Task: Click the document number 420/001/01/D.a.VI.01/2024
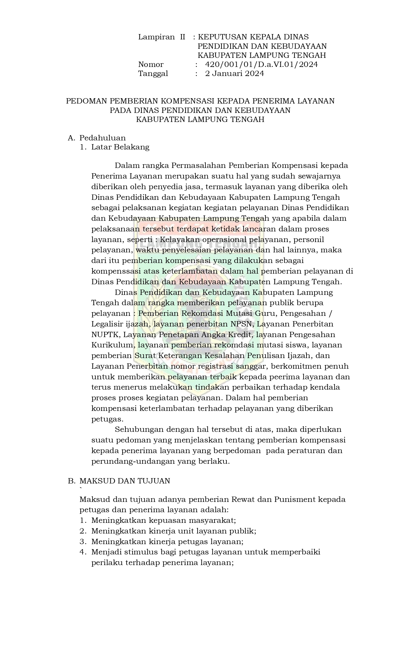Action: click(x=261, y=65)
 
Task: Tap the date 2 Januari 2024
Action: click(x=234, y=74)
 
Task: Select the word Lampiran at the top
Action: click(x=156, y=37)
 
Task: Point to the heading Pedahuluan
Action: click(x=103, y=138)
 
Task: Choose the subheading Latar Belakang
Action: click(x=120, y=147)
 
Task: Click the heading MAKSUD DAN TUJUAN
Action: click(x=125, y=481)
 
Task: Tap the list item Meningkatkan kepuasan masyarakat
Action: click(x=164, y=520)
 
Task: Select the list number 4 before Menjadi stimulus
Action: click(x=82, y=552)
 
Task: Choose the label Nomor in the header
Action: click(x=151, y=65)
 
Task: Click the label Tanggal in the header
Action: click(x=153, y=74)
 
